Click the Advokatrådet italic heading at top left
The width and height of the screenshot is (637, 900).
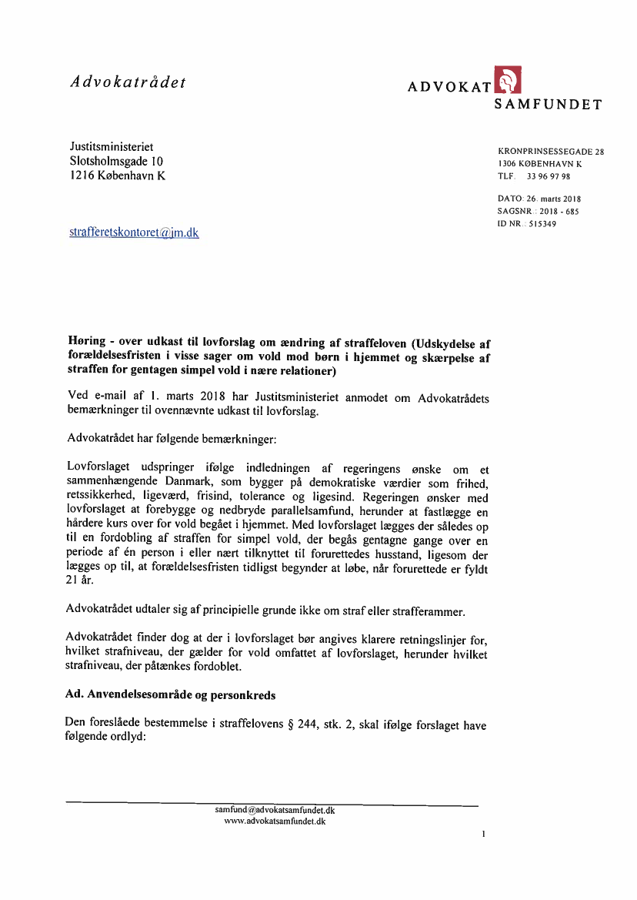click(x=128, y=82)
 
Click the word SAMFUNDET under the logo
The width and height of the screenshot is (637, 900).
click(x=548, y=104)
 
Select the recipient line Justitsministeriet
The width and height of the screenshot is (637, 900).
click(x=112, y=146)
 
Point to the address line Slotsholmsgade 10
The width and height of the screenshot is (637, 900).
click(x=116, y=161)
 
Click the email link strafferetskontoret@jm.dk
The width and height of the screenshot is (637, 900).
click(x=134, y=232)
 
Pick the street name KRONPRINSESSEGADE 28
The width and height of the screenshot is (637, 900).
click(x=551, y=152)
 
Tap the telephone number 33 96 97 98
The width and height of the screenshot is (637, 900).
click(x=549, y=176)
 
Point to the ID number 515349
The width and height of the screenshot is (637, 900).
click(x=542, y=224)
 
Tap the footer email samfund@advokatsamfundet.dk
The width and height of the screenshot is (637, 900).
click(x=275, y=811)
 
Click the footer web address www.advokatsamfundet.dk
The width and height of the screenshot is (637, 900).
click(x=275, y=821)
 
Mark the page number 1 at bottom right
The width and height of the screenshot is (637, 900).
click(x=482, y=834)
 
